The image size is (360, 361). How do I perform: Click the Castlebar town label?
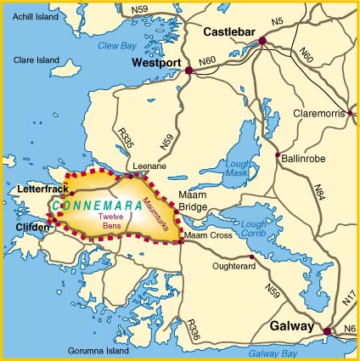(230, 32)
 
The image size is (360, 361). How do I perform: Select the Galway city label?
(293, 325)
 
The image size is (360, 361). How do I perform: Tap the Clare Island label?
(37, 60)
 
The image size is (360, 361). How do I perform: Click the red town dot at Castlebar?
(262, 40)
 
